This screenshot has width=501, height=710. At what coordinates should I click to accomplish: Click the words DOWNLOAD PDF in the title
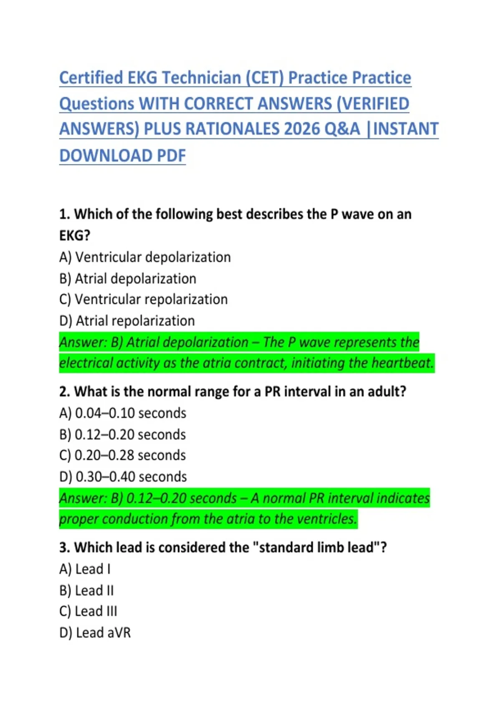(x=122, y=156)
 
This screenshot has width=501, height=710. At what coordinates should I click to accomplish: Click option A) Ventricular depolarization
(x=145, y=257)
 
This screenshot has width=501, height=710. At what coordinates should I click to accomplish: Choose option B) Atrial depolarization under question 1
(x=128, y=279)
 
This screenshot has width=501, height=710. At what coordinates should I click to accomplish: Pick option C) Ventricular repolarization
(x=144, y=299)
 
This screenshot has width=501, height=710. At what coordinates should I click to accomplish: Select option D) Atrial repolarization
(x=127, y=321)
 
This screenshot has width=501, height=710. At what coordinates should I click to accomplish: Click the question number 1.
(x=64, y=214)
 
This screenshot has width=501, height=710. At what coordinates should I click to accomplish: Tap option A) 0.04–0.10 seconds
(x=123, y=413)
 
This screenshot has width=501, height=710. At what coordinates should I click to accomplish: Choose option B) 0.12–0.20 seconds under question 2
(x=122, y=434)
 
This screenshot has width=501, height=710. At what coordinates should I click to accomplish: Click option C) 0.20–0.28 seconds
(x=122, y=455)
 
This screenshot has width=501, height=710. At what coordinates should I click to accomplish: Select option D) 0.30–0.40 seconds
(x=123, y=477)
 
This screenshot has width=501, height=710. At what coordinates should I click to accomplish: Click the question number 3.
(x=64, y=548)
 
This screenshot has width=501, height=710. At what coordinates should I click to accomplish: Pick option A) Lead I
(x=85, y=569)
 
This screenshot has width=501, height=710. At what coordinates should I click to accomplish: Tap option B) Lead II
(x=86, y=591)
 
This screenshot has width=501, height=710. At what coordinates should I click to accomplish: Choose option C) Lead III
(x=88, y=611)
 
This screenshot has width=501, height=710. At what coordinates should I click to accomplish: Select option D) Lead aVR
(x=95, y=633)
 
